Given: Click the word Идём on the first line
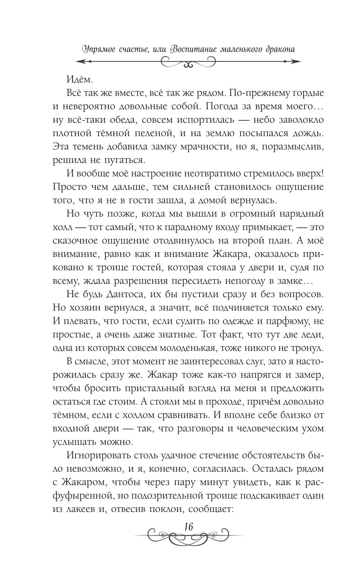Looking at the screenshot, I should (77, 80).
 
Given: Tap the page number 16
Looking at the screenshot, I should (188, 526).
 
